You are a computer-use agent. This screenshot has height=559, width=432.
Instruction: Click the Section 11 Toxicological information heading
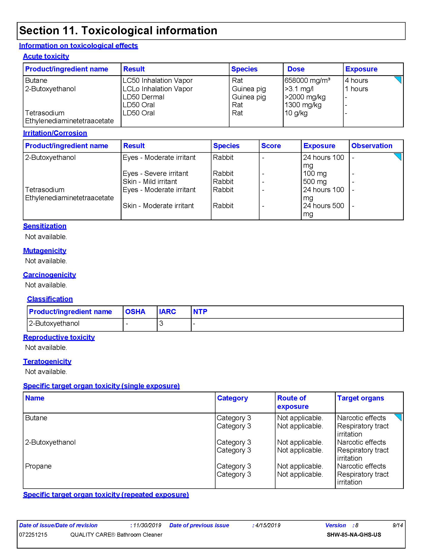[118, 31]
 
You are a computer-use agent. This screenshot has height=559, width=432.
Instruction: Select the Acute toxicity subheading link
[46, 56]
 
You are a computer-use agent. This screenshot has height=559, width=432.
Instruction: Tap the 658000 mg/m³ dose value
[307, 81]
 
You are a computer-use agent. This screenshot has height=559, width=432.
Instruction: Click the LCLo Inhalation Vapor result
[157, 89]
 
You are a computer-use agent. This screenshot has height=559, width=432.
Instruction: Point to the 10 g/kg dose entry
[296, 113]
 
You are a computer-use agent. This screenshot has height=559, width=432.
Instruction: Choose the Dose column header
[296, 69]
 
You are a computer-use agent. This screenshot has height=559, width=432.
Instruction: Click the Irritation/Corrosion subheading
[55, 133]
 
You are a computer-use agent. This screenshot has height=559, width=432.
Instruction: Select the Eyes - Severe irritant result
[155, 174]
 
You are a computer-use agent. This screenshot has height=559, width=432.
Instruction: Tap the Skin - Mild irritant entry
[150, 182]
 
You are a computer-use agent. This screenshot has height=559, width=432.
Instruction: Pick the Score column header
[271, 146]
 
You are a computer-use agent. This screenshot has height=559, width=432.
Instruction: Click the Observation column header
[372, 146]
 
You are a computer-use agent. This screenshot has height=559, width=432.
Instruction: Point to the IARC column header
[167, 312]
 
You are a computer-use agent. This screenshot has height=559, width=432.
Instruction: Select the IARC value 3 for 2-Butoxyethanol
[161, 323]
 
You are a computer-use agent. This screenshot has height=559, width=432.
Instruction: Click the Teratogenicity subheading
[47, 361]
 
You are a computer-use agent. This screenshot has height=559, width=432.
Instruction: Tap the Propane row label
[38, 466]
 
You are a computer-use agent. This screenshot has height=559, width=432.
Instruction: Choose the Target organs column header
[361, 398]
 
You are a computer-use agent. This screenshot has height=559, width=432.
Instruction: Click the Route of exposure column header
[293, 402]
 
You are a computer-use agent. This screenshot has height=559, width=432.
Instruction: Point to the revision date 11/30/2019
[147, 525]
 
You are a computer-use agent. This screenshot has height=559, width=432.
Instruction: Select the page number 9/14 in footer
[398, 525]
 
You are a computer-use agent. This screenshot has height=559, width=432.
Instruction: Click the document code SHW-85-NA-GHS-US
[354, 535]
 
